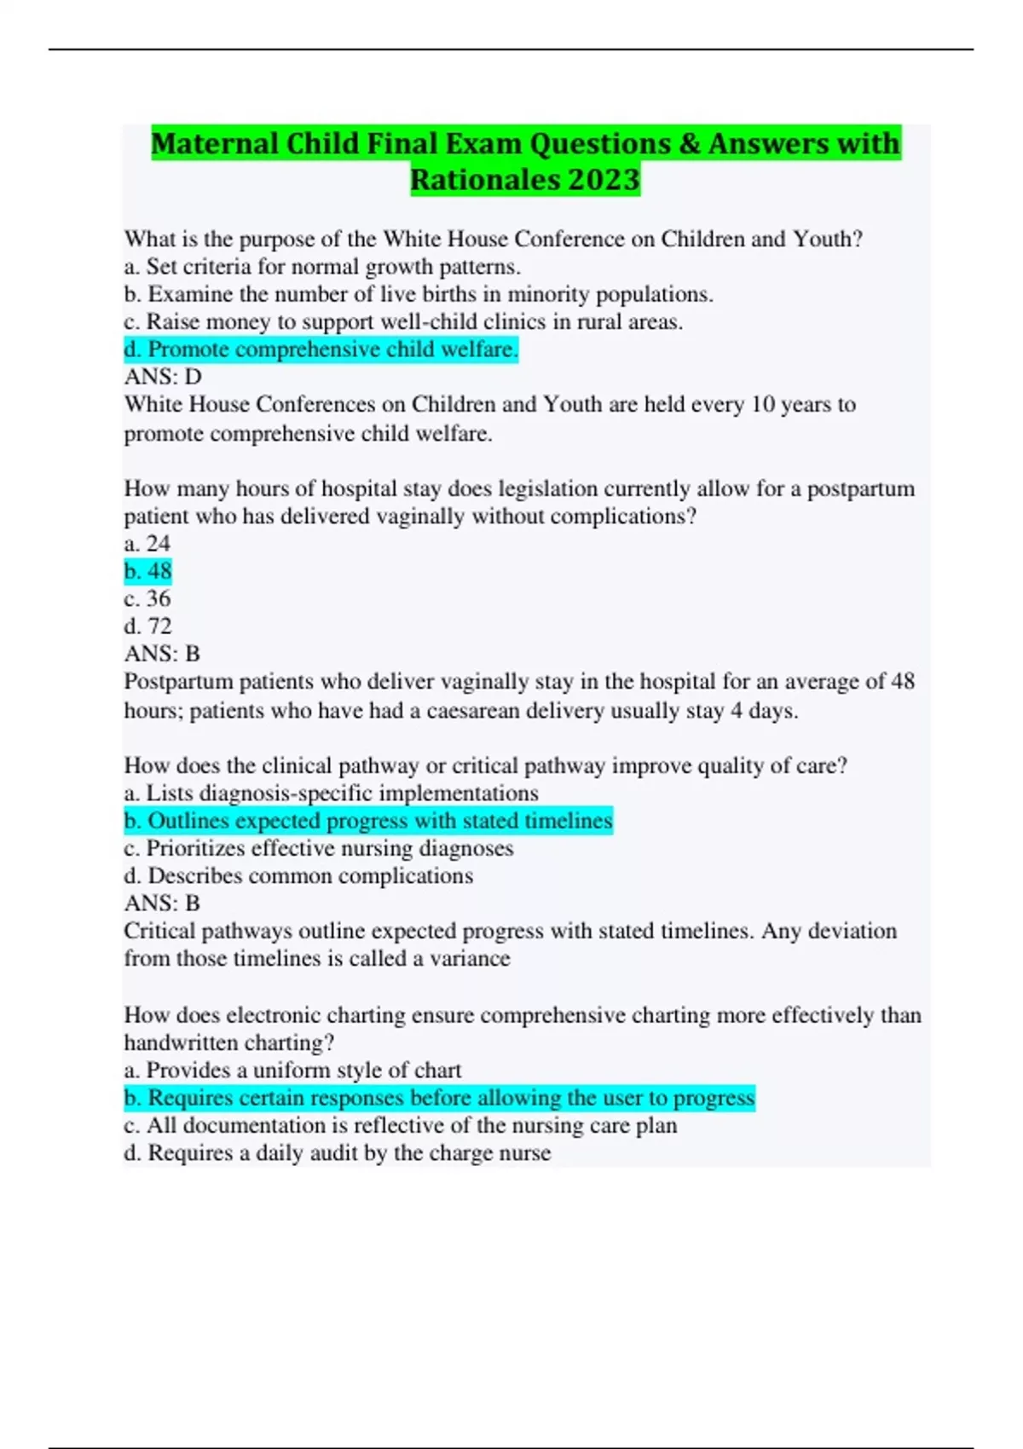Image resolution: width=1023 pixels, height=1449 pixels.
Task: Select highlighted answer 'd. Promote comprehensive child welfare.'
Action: [321, 349]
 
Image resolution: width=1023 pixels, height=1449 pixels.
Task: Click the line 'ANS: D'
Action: [163, 377]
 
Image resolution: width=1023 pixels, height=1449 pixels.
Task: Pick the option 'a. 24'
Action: [147, 543]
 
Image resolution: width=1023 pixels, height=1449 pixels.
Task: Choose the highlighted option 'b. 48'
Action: [148, 571]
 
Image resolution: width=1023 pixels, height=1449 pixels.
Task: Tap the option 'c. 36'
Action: [147, 598]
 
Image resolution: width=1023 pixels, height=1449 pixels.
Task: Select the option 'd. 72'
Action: [148, 626]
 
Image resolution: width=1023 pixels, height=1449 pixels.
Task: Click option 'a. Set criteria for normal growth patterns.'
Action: [322, 267]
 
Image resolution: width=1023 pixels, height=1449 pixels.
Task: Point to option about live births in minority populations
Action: [419, 294]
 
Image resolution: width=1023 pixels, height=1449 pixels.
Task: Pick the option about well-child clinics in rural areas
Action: [403, 321]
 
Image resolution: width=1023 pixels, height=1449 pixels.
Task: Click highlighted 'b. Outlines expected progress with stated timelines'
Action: [368, 821]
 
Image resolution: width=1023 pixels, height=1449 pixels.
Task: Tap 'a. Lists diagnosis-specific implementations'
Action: [331, 793]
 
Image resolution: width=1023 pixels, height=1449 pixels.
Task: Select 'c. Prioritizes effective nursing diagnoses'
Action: [319, 848]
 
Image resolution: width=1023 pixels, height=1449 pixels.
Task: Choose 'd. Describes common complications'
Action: [298, 875]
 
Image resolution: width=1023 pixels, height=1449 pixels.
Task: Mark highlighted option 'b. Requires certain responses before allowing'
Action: [439, 1098]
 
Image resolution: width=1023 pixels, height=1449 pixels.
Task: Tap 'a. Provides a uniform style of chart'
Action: [292, 1070]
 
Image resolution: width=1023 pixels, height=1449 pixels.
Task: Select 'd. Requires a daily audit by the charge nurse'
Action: [338, 1153]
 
